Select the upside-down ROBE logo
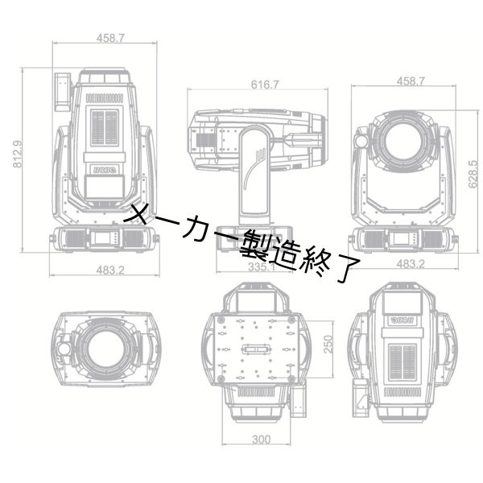(402, 319)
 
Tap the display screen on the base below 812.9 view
(103, 237)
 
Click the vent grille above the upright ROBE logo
(104, 126)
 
